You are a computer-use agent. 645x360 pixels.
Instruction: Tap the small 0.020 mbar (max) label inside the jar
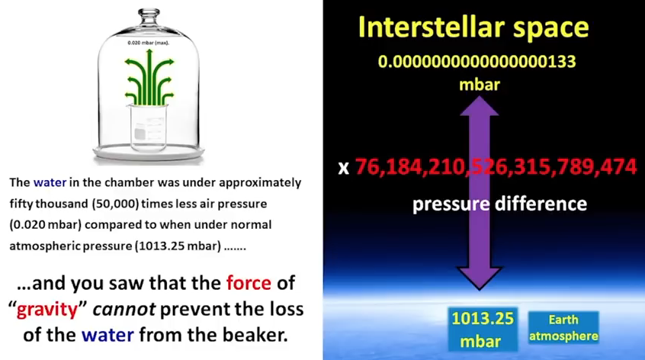point(148,43)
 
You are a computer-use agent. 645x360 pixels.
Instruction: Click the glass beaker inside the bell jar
point(148,127)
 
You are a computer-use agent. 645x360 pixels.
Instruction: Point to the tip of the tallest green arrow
point(149,50)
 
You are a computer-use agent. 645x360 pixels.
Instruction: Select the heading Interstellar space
point(473,27)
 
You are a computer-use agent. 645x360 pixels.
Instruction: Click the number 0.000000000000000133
point(477,62)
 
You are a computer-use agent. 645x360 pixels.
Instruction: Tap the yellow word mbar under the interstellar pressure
point(480,85)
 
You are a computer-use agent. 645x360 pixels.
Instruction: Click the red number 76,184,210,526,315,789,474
point(496,166)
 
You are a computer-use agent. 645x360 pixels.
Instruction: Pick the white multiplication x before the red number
point(344,168)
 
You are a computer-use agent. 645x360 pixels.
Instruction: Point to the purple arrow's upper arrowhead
point(480,105)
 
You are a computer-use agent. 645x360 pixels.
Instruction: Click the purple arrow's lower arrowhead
point(480,278)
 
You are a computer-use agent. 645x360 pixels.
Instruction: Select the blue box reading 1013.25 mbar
point(483,329)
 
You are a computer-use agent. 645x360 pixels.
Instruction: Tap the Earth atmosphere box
point(563,327)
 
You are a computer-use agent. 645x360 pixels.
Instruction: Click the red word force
point(249,283)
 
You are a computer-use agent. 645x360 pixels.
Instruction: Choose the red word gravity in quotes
point(47,310)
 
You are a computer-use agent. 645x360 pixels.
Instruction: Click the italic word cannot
point(124,309)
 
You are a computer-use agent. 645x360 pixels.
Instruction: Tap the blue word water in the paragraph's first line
point(50,182)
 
